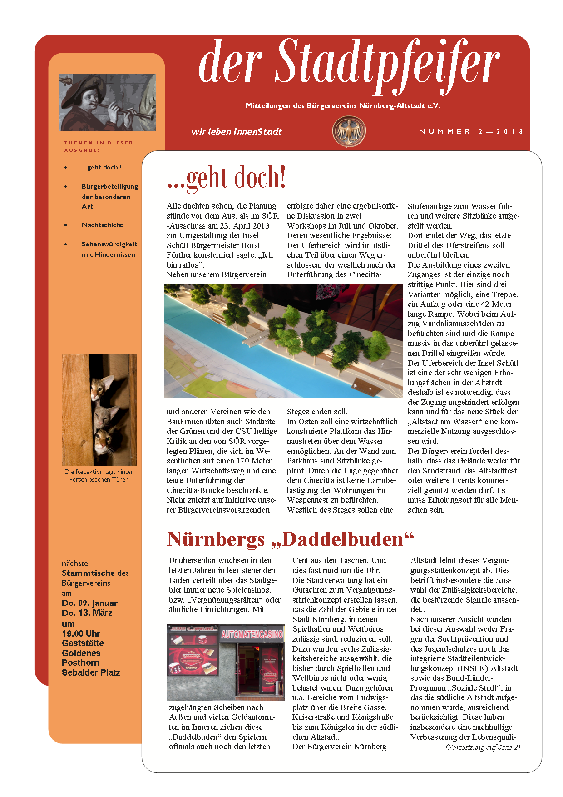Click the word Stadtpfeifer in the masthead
click(388, 64)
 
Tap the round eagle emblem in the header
click(349, 132)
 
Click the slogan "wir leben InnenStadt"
click(237, 132)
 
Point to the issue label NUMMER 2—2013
click(471, 131)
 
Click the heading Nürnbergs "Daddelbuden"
click(290, 539)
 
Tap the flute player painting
click(108, 102)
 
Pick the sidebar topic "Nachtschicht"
click(102, 225)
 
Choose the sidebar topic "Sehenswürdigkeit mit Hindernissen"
click(109, 249)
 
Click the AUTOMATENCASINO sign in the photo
click(252, 634)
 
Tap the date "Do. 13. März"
click(87, 613)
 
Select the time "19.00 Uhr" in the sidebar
click(81, 633)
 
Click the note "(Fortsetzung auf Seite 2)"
click(483, 747)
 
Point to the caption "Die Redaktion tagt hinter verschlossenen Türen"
click(99, 476)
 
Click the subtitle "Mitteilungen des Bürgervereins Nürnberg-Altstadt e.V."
click(343, 106)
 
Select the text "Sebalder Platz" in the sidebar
click(91, 672)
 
